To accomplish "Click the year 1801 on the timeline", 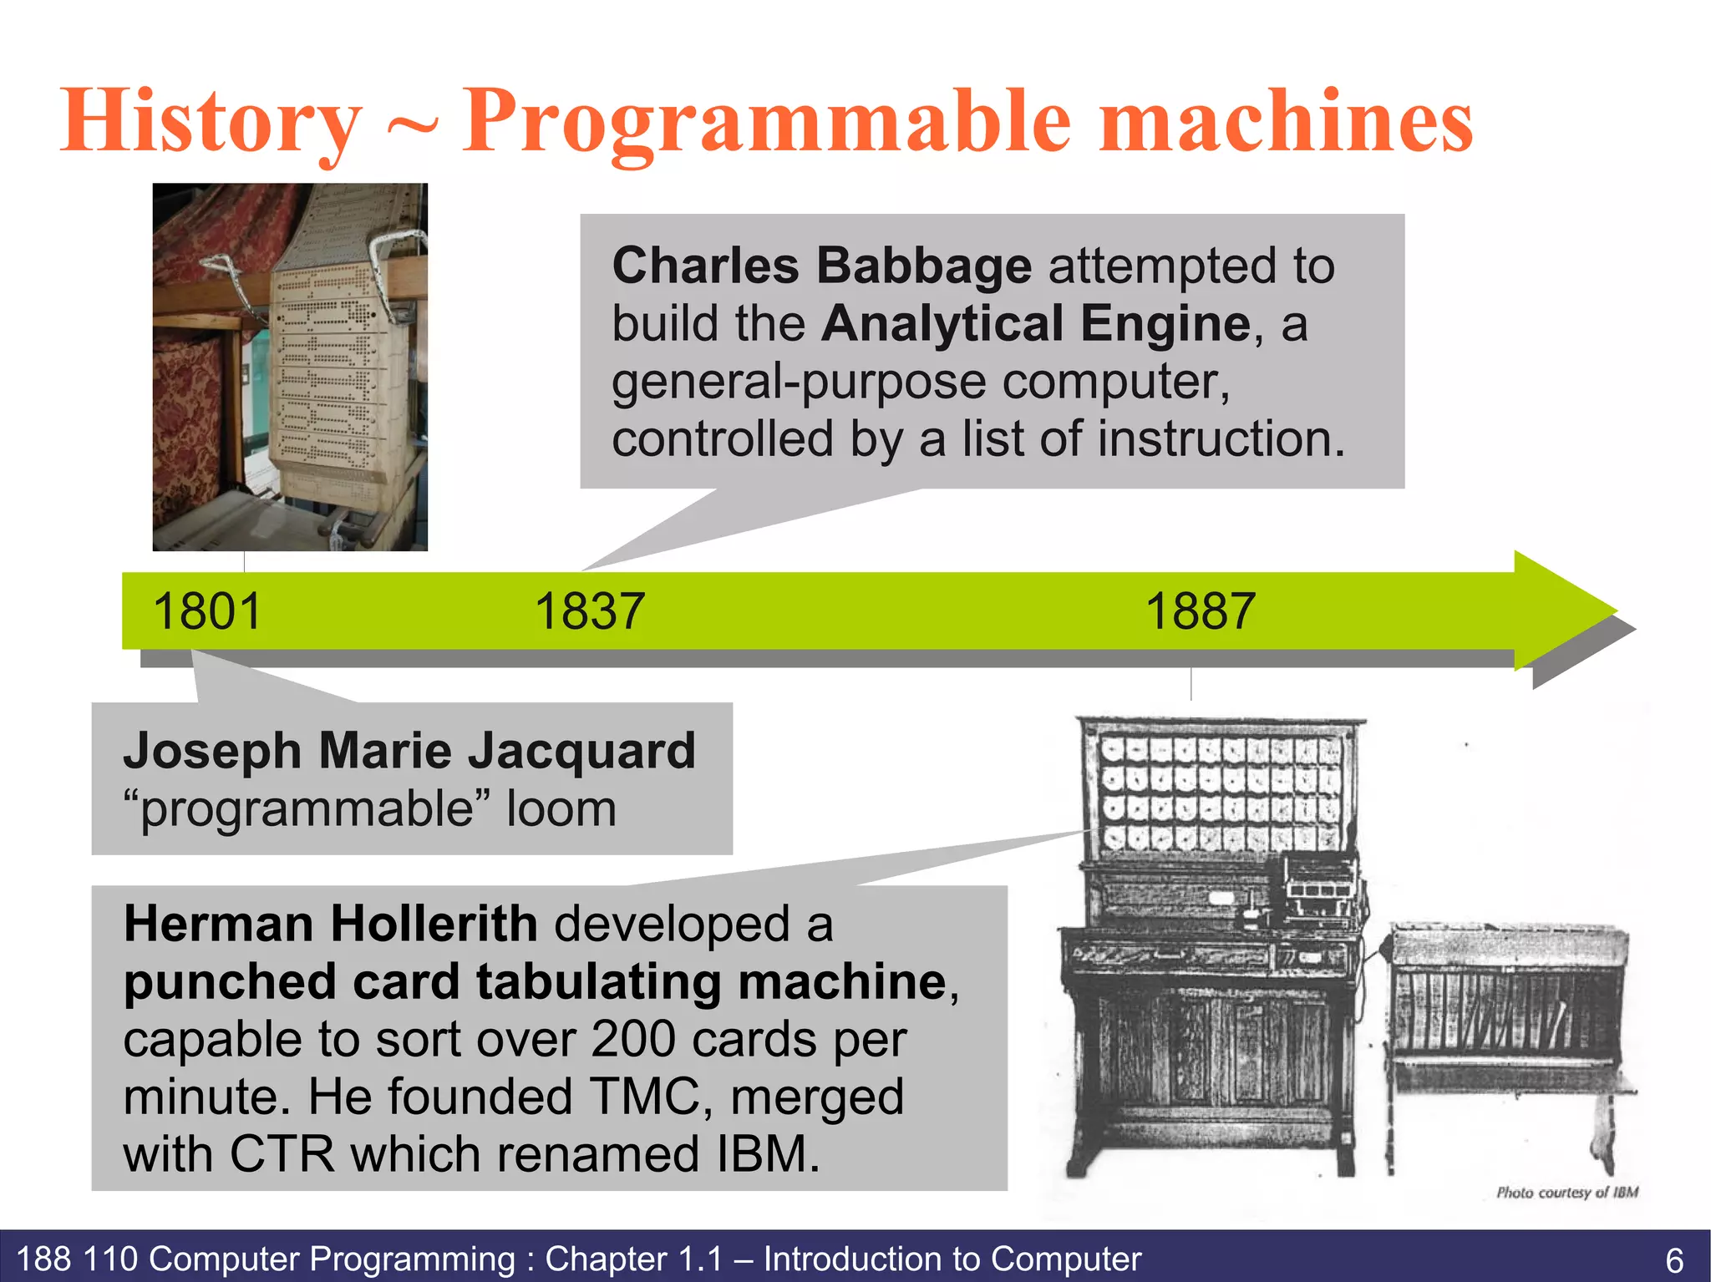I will (x=207, y=611).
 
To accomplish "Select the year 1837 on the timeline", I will (x=590, y=611).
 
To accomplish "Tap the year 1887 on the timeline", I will (x=1200, y=611).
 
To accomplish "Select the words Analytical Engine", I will (x=1036, y=324).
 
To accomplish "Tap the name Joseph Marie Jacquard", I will (x=409, y=750).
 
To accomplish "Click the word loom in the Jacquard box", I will (x=561, y=808).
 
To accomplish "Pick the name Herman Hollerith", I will (x=331, y=924).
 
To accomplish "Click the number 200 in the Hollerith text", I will (x=633, y=1040).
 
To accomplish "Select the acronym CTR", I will (x=282, y=1154).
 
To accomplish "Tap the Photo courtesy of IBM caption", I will (x=1566, y=1193).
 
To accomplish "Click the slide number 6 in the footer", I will (x=1674, y=1259).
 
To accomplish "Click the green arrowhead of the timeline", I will (x=1562, y=610).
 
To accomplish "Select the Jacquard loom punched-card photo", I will (x=290, y=367).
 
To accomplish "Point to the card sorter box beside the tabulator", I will (x=1509, y=1011).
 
